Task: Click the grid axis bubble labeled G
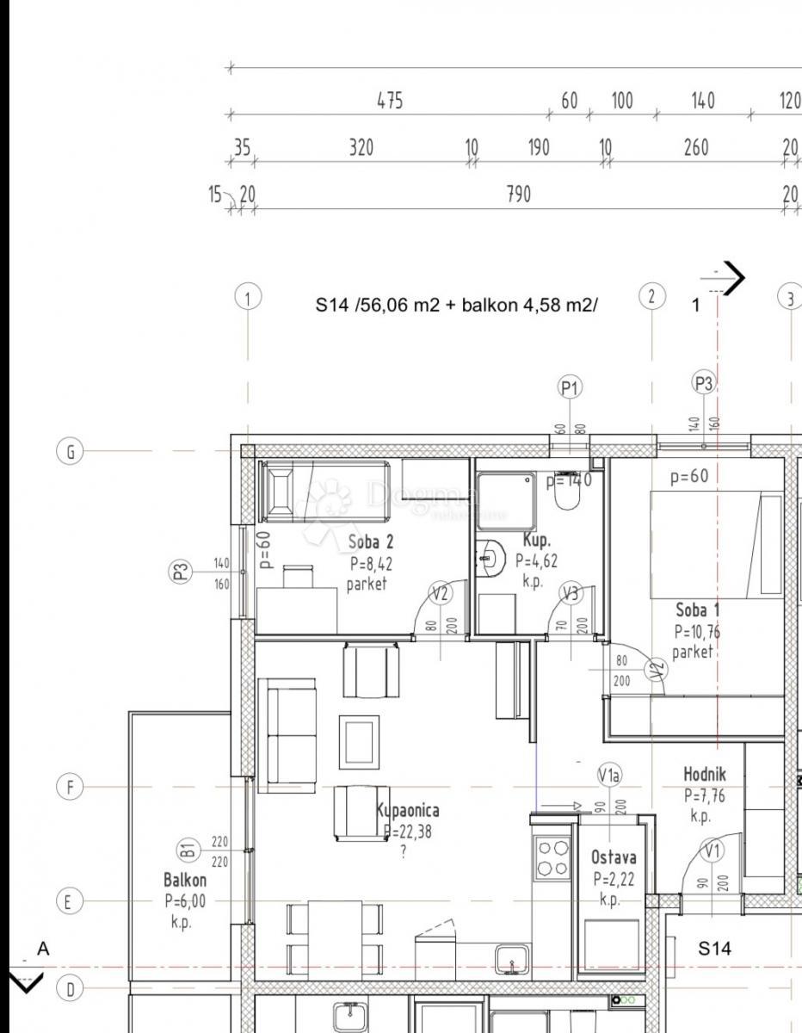[71, 451]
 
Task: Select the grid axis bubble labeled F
[71, 787]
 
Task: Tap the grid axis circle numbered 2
[652, 297]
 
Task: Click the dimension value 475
[390, 101]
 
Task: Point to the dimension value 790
[518, 195]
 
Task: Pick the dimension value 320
[361, 148]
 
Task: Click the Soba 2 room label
[371, 542]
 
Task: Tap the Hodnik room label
[704, 775]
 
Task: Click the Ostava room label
[614, 857]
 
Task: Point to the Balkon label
[185, 880]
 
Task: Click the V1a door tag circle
[609, 776]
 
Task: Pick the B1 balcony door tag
[188, 851]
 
